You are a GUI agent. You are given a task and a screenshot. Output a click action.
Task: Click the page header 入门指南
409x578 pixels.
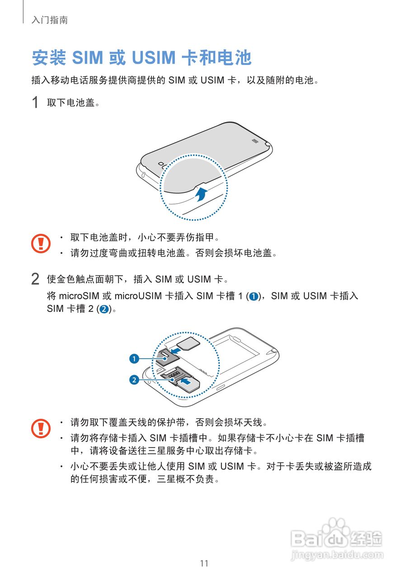[x=50, y=20]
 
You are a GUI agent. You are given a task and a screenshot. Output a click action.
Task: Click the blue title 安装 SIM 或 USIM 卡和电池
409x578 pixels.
[x=141, y=58]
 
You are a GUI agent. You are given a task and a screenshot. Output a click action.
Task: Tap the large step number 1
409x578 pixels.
[x=35, y=103]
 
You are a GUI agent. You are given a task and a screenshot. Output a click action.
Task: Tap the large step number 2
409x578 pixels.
[x=35, y=279]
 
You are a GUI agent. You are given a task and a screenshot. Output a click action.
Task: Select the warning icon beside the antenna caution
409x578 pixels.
[x=41, y=428]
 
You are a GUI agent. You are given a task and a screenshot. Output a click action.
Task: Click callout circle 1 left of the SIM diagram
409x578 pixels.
[x=134, y=359]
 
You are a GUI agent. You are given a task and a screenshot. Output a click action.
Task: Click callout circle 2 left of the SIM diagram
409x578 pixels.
[x=134, y=380]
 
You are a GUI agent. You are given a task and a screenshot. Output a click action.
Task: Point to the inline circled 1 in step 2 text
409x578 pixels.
[x=254, y=297]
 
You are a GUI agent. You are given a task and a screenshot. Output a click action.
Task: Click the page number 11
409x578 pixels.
[x=204, y=563]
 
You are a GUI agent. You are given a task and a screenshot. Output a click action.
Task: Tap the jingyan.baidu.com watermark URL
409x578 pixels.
[x=337, y=555]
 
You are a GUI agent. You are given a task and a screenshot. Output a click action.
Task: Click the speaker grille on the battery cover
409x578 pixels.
[x=255, y=140]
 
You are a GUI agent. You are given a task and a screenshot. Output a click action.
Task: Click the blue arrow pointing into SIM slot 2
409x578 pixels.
[x=185, y=382]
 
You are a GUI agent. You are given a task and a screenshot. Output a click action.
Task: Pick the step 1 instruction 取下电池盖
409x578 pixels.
[x=72, y=103]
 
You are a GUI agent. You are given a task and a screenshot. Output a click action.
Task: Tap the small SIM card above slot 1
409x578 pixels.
[x=189, y=342]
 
